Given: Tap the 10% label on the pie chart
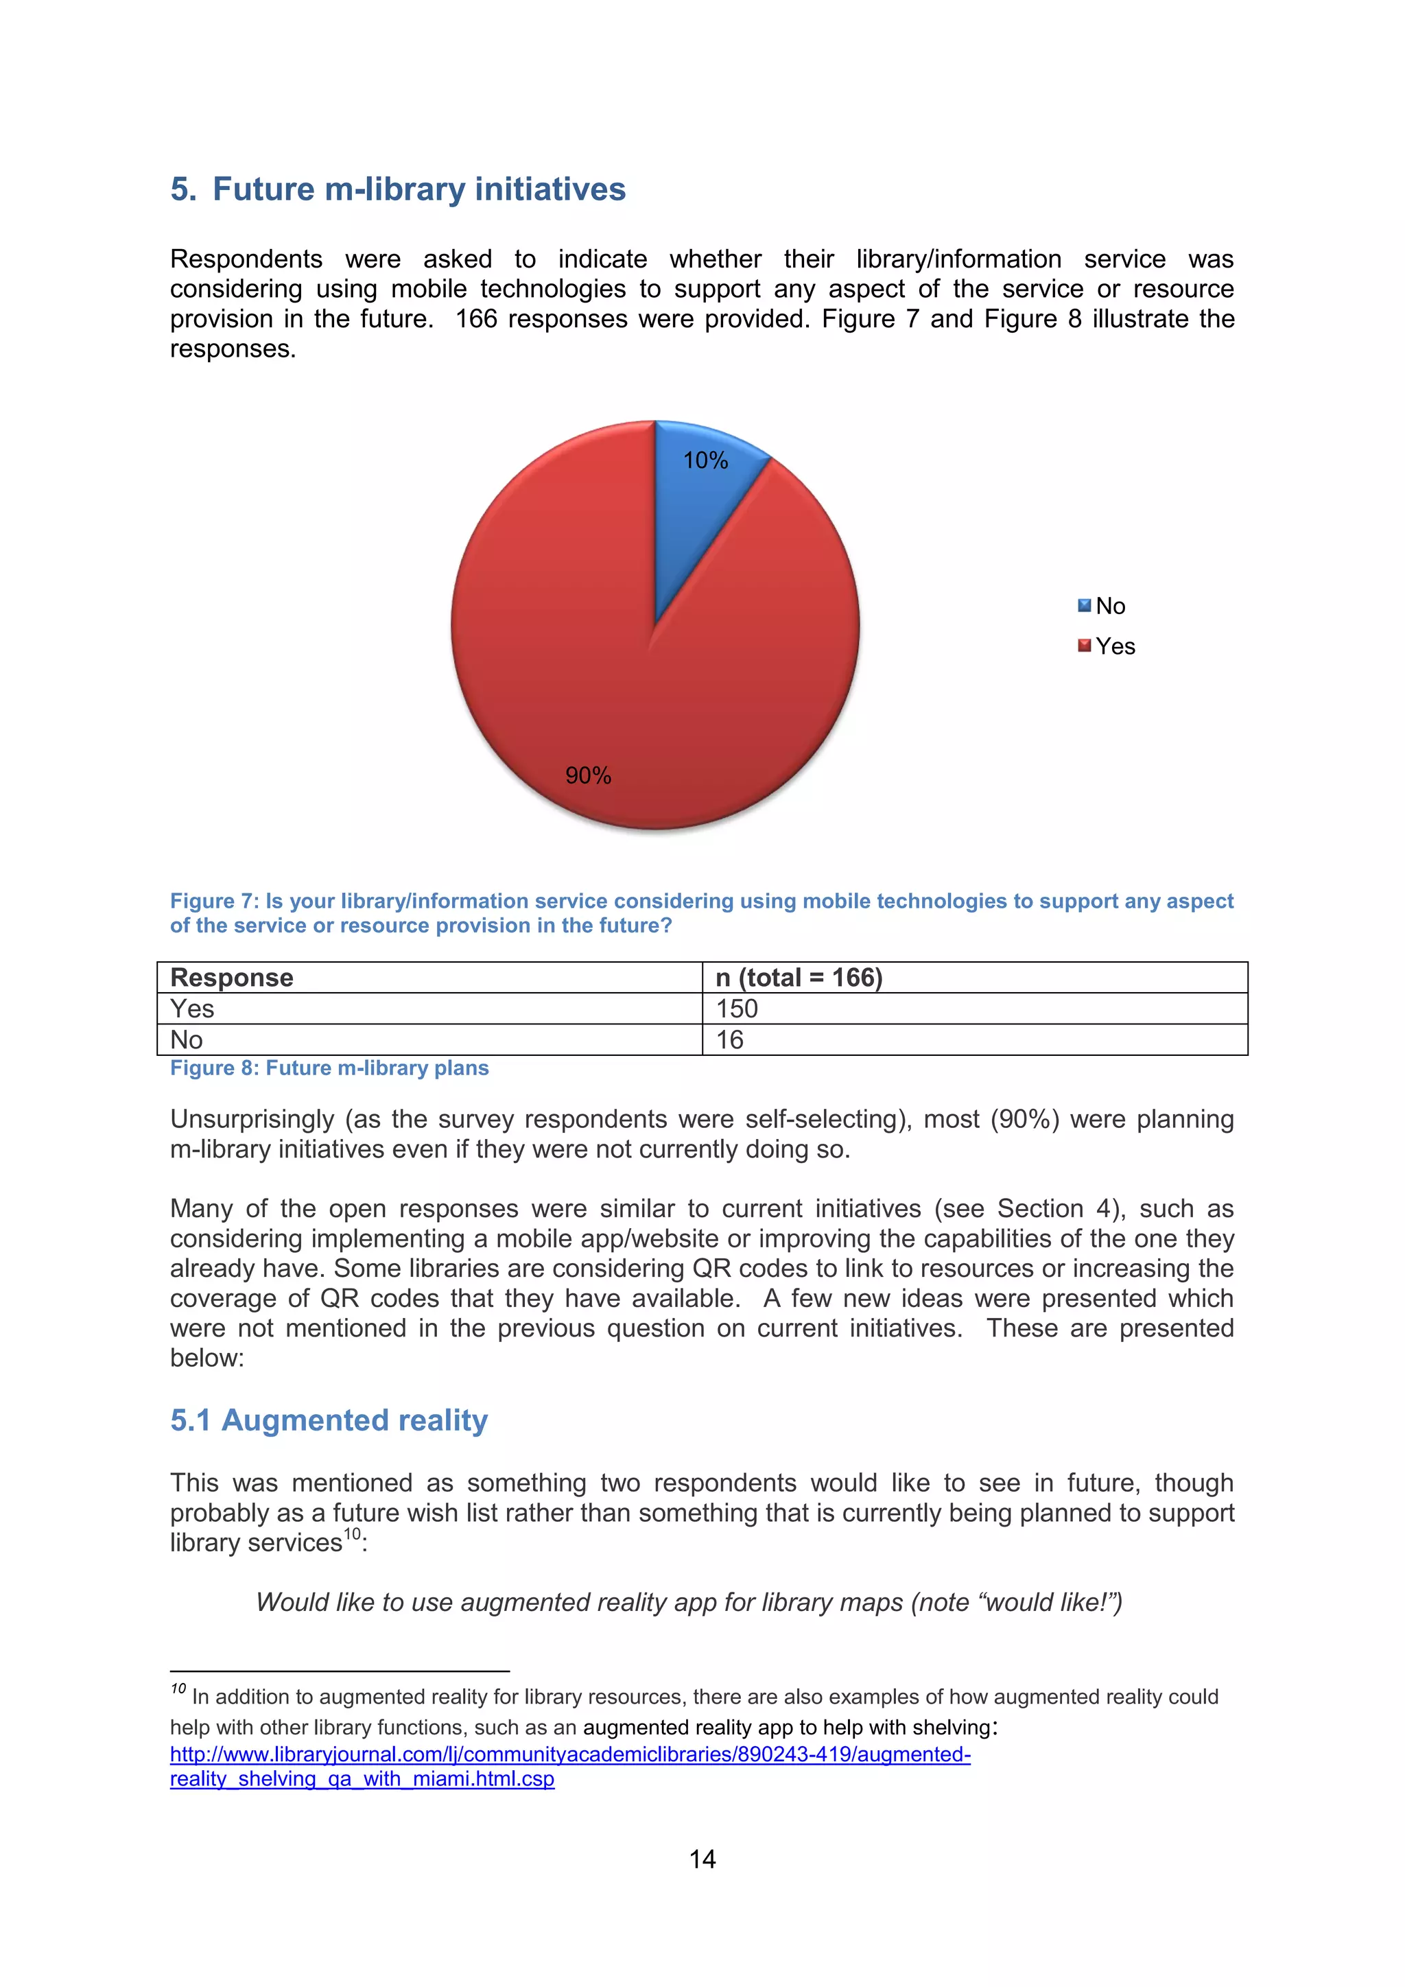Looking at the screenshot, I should [705, 460].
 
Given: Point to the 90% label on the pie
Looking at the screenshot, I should [589, 775].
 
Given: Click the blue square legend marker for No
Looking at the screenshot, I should [1084, 606].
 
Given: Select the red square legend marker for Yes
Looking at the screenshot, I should [1084, 646].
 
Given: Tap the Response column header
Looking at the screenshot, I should [232, 977].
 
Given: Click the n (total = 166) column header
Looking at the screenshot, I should [799, 977].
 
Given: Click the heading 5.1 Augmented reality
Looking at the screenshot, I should [329, 1420].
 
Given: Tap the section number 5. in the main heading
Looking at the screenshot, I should [182, 189].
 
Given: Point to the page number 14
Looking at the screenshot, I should [702, 1859].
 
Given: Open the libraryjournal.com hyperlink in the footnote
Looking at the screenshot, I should [570, 1754].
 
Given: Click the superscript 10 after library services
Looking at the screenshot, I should [351, 1534].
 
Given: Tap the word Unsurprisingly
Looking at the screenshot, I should [252, 1119].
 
